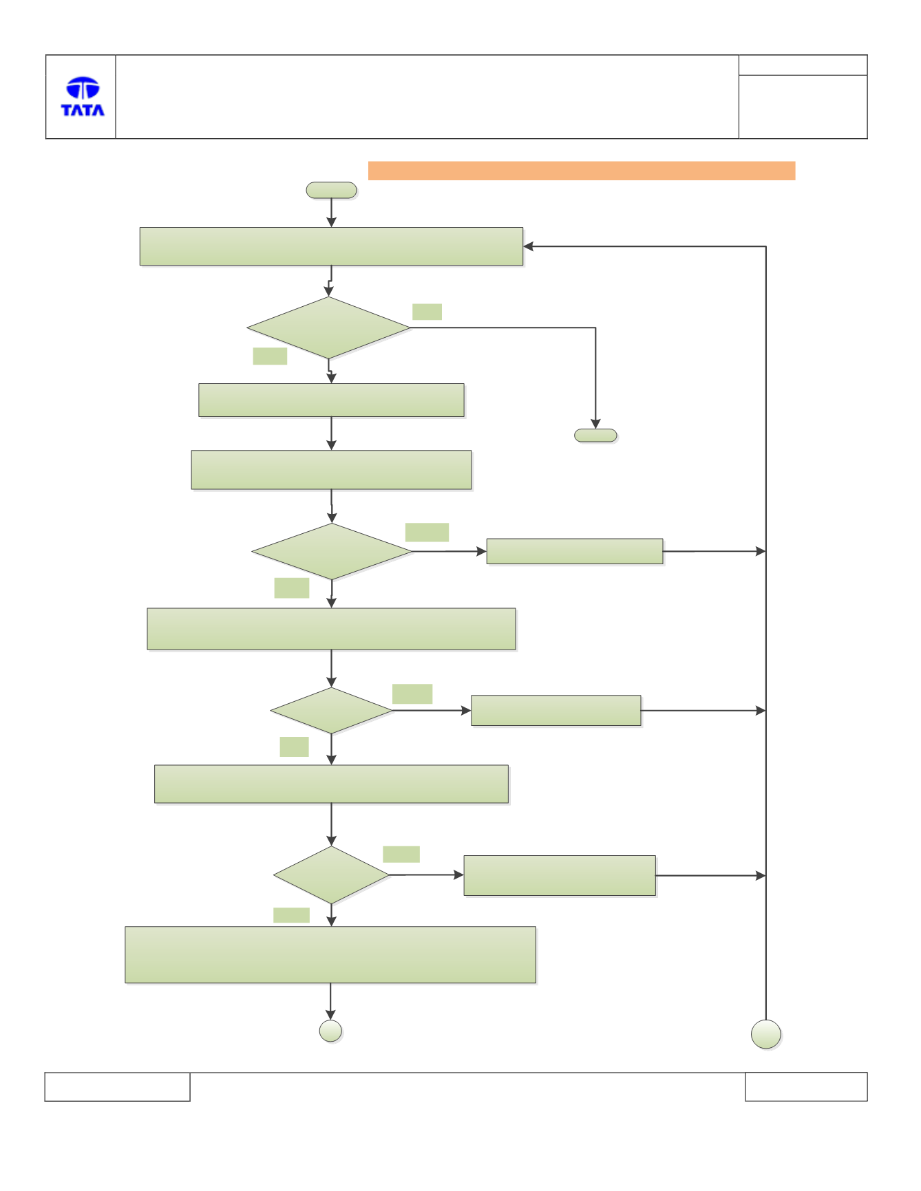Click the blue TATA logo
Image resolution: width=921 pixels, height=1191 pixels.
pyautogui.click(x=83, y=96)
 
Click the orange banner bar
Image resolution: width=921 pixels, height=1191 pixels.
pyautogui.click(x=582, y=171)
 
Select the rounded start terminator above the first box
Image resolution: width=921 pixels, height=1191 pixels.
pyautogui.click(x=331, y=191)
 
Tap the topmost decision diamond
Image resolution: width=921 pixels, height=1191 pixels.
pyautogui.click(x=329, y=328)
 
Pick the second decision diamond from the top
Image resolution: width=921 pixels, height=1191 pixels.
pyautogui.click(x=332, y=551)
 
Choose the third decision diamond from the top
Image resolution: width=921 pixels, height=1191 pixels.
pyautogui.click(x=331, y=711)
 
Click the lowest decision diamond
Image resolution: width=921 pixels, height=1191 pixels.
pyautogui.click(x=331, y=875)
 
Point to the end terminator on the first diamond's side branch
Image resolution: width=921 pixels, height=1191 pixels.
pyautogui.click(x=595, y=436)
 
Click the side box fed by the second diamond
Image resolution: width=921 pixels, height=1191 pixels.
pyautogui.click(x=575, y=551)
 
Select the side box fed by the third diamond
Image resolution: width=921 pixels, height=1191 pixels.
pyautogui.click(x=556, y=711)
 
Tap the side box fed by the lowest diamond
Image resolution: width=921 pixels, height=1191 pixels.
pyautogui.click(x=560, y=875)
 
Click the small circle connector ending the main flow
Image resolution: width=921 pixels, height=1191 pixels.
pyautogui.click(x=331, y=1031)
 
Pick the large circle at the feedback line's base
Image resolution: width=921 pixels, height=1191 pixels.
pyautogui.click(x=766, y=1034)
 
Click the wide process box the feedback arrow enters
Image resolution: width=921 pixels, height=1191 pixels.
pyautogui.click(x=331, y=246)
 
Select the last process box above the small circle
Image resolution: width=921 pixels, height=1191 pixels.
pyautogui.click(x=330, y=954)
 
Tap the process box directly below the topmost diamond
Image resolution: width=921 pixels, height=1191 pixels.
pyautogui.click(x=331, y=400)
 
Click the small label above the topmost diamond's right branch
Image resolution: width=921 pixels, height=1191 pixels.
pyautogui.click(x=427, y=312)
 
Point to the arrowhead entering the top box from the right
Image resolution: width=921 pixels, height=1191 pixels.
pyautogui.click(x=528, y=246)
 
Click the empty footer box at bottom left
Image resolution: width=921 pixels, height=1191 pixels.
pyautogui.click(x=117, y=1086)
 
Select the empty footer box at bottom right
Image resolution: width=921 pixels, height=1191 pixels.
pyautogui.click(x=806, y=1086)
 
